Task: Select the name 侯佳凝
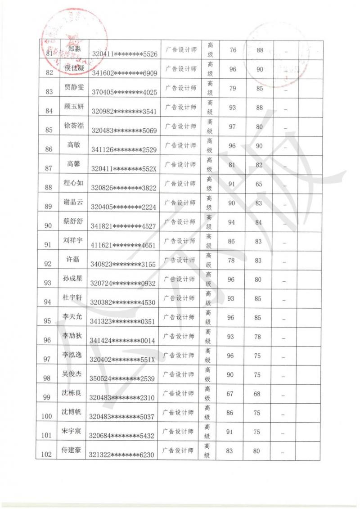[74, 68]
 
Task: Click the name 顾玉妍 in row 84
[74, 106]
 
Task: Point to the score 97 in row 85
[232, 126]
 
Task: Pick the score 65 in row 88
[259, 184]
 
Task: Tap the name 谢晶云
[73, 202]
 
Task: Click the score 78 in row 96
[257, 336]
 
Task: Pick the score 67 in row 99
[230, 393]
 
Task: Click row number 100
[46, 416]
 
